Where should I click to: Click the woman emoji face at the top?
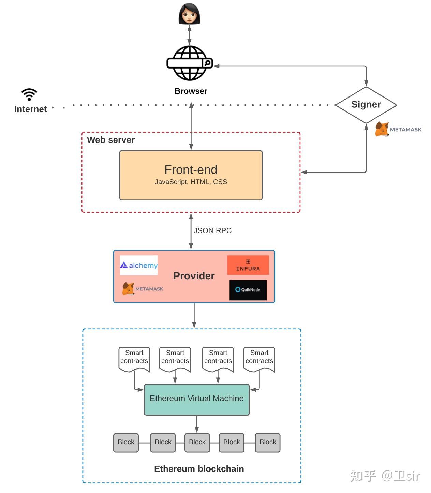tap(189, 14)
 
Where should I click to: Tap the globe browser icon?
tap(190, 63)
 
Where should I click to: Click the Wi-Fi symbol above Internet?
tap(29, 94)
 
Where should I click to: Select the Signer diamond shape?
tap(366, 105)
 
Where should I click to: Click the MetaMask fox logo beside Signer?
tap(382, 130)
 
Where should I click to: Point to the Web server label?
tap(111, 140)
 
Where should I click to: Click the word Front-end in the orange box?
tap(191, 170)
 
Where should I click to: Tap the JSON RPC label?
tap(212, 231)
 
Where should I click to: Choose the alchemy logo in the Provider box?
tap(139, 265)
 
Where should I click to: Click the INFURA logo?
tap(248, 265)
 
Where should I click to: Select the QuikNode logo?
tap(248, 290)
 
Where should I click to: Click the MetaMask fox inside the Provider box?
tap(128, 289)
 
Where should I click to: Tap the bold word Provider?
tap(194, 276)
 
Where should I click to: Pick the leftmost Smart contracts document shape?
tap(134, 358)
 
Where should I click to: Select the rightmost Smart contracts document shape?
tap(259, 358)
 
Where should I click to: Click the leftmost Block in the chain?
tap(126, 443)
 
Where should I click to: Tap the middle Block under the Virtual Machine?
tap(197, 443)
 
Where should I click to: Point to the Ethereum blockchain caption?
tap(199, 469)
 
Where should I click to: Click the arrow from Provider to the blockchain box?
tap(194, 315)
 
